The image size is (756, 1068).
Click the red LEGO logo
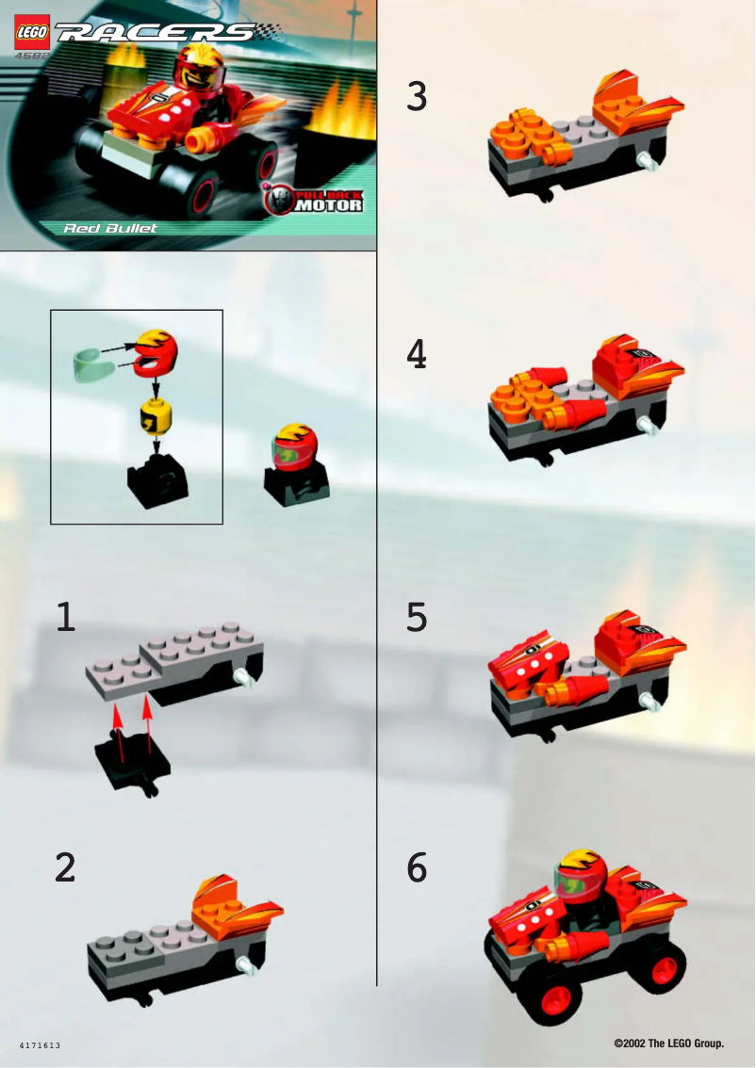click(32, 34)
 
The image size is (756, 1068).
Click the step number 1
click(64, 617)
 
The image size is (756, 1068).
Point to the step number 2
click(64, 867)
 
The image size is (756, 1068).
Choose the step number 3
click(417, 97)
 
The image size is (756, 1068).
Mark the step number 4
click(417, 354)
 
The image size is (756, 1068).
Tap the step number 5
click(417, 617)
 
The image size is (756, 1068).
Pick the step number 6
click(417, 867)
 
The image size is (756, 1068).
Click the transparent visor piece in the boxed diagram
click(91, 363)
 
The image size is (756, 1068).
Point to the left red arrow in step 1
click(118, 731)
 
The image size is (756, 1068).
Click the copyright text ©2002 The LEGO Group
click(668, 1044)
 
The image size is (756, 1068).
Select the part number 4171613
click(40, 1045)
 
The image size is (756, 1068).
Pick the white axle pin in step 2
click(248, 963)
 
